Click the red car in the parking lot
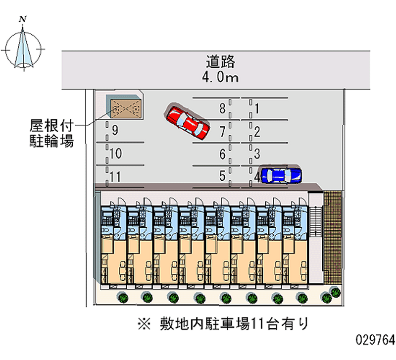pos(187,122)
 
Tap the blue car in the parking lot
pos(281,175)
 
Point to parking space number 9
pos(115,131)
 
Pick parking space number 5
pos(223,176)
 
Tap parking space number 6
pos(223,154)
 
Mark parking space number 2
pos(258,131)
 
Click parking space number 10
pos(115,154)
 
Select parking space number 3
pos(258,154)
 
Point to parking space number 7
pos(223,131)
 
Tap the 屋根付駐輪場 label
pos(51,134)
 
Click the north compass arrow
pos(24,49)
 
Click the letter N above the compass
pos(22,19)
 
